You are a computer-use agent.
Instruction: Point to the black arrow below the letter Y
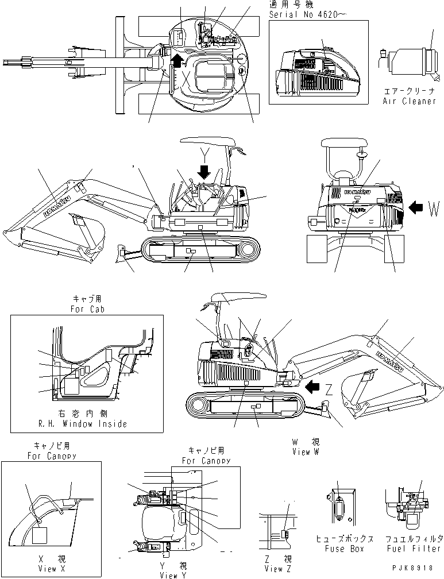coord(203,171)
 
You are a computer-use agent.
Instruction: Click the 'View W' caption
coord(308,451)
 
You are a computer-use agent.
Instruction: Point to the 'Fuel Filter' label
coord(414,549)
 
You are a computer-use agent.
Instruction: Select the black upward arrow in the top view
coord(178,61)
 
